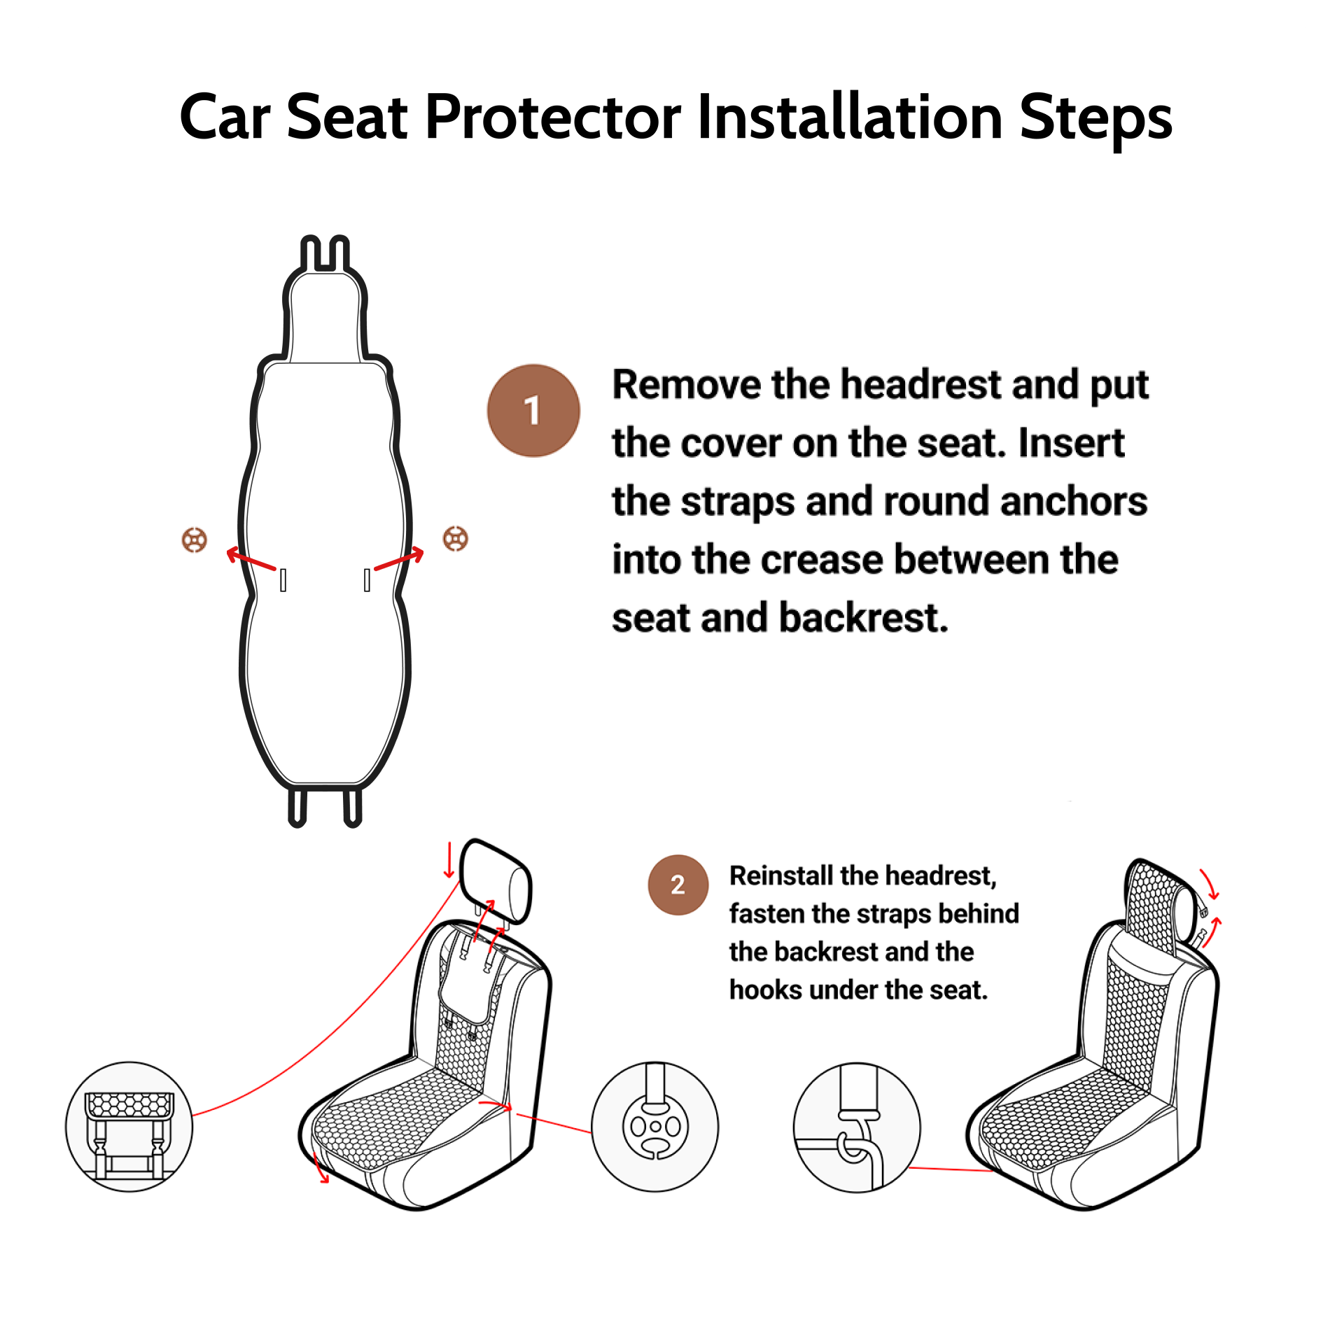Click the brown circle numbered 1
click(x=533, y=411)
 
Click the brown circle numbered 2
click(x=677, y=885)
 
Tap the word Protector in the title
click(x=552, y=117)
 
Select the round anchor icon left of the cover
click(x=195, y=540)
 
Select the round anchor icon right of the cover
click(x=456, y=538)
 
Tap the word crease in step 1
click(x=822, y=560)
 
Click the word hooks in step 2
click(x=765, y=990)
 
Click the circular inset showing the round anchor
click(x=654, y=1127)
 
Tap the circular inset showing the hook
click(x=856, y=1127)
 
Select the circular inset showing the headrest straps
click(x=129, y=1126)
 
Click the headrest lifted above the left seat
click(x=496, y=881)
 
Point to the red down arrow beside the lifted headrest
click(x=449, y=862)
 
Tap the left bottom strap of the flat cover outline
click(x=297, y=807)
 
